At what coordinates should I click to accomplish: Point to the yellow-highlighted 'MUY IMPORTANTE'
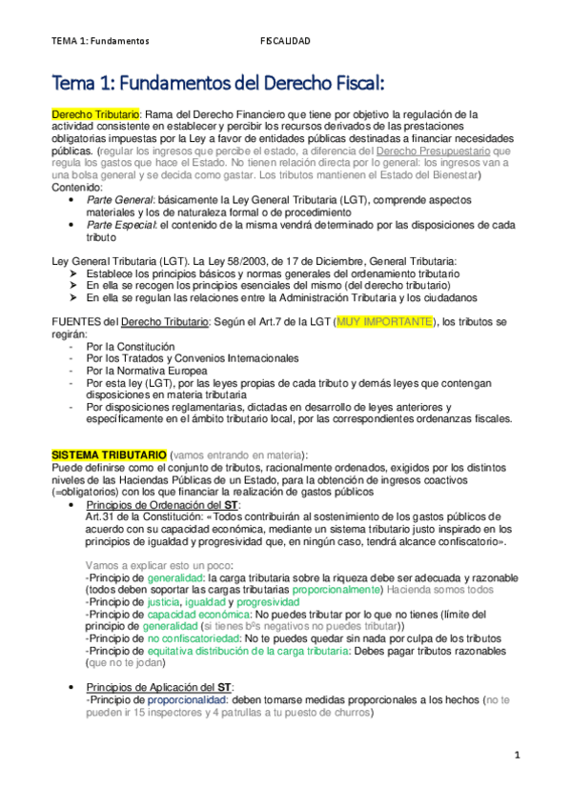(x=383, y=322)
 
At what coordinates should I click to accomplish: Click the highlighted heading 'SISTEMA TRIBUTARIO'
(x=110, y=453)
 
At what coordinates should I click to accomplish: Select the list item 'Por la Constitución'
(x=130, y=346)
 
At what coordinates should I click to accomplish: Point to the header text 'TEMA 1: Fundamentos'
(x=101, y=41)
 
